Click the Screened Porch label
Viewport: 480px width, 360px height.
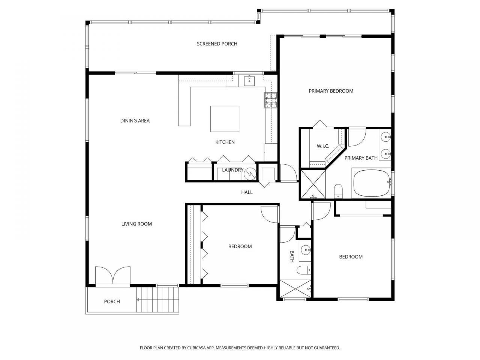[217, 44]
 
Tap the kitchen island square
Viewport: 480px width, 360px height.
[225, 119]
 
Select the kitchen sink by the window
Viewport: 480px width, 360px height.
[249, 80]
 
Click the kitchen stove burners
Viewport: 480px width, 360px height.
[271, 100]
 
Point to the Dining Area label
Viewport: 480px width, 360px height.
[135, 121]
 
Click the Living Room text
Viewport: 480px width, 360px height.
[136, 224]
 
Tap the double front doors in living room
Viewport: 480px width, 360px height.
[113, 276]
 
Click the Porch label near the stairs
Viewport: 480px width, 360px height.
[112, 301]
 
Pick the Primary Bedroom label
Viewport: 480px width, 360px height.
[331, 91]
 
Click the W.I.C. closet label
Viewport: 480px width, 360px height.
[323, 146]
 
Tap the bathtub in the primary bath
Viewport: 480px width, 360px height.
[372, 183]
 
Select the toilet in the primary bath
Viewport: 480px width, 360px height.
[338, 191]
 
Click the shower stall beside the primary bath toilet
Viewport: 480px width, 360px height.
[313, 184]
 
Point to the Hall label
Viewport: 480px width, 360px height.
[247, 192]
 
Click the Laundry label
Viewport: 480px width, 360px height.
[232, 170]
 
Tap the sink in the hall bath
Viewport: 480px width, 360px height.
[306, 250]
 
